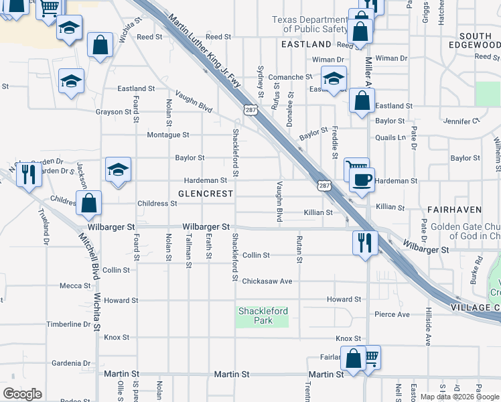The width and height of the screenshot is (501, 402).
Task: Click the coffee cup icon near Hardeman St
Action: point(362,180)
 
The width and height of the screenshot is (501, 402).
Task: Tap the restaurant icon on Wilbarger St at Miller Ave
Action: point(365,243)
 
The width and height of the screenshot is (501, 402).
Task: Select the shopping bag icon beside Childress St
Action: point(88,202)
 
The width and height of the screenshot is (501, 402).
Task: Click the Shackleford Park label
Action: point(263,316)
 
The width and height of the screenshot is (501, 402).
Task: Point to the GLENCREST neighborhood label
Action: point(206,193)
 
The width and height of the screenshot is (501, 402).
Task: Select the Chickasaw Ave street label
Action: point(267,281)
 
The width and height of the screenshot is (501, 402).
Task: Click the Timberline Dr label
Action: point(68,324)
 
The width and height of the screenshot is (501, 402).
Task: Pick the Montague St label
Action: point(168,135)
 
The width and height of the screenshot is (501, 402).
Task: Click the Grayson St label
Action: point(113,111)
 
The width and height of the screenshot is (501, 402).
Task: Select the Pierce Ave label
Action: point(392,314)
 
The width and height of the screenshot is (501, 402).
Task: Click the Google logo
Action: point(22,394)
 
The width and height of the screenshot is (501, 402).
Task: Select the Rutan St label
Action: point(299,249)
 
